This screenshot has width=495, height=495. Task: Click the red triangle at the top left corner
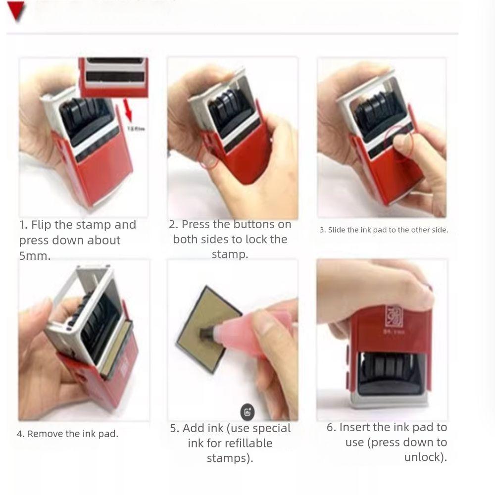pyautogui.click(x=16, y=11)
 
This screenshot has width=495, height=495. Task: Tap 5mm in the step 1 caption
pyautogui.click(x=34, y=256)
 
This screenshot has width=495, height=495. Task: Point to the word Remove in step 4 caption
pyautogui.click(x=45, y=434)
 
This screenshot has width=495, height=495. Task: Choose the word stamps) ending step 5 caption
pyautogui.click(x=230, y=458)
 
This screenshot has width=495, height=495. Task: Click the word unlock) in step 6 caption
pyautogui.click(x=425, y=457)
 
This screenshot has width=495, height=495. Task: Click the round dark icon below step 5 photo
pyautogui.click(x=247, y=412)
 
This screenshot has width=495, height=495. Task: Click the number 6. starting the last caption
pyautogui.click(x=331, y=427)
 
